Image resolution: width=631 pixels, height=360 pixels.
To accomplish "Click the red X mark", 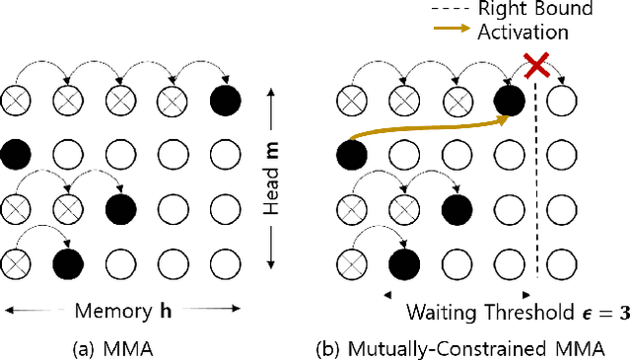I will coord(535,66).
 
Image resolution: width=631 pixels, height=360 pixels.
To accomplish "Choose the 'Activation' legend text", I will coord(523,32).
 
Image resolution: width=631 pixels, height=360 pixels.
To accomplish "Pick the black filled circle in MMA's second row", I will coord(15,154).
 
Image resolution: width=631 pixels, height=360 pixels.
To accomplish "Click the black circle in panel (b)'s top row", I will coord(508,101).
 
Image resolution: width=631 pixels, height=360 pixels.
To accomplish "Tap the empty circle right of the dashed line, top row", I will coord(561,101).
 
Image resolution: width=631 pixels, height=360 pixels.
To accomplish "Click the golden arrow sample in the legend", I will coord(451,32).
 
